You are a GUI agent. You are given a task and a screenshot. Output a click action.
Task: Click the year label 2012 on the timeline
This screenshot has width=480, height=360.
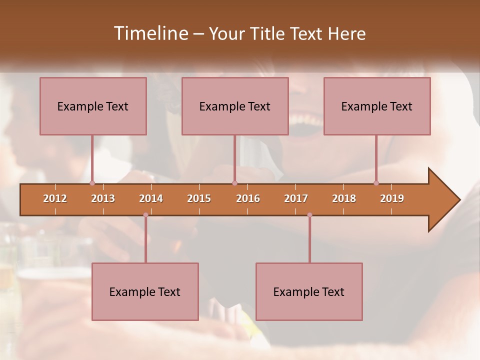pos(55,198)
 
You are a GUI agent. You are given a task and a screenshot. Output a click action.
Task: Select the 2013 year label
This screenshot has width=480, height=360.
pos(103,198)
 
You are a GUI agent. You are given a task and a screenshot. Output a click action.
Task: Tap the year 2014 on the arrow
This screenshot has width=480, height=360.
pos(151,198)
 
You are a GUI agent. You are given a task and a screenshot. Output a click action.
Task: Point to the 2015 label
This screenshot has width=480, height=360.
pos(199,198)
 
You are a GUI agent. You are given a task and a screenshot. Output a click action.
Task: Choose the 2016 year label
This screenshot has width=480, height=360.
pos(248,198)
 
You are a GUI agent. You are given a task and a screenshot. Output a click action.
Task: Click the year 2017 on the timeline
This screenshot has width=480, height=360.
pos(296,198)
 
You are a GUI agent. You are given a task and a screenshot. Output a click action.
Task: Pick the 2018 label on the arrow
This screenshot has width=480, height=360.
pos(344,198)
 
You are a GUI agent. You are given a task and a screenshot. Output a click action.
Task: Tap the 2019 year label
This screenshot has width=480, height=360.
pos(392,198)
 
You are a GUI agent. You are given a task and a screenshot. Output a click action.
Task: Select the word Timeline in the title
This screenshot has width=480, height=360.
pos(150,33)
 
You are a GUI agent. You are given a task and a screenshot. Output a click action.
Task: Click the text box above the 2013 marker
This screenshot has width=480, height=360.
pos(93,106)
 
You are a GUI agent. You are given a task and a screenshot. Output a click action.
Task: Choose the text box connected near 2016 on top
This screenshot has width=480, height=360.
pos(235,106)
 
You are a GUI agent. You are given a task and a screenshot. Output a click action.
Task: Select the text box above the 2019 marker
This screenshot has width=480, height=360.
pos(377,106)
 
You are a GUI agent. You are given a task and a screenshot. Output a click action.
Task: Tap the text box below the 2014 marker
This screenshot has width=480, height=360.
pos(145,291)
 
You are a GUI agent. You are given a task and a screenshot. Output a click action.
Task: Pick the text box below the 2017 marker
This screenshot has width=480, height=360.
pos(309,291)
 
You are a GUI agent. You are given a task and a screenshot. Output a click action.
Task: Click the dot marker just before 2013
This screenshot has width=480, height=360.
pos(92,183)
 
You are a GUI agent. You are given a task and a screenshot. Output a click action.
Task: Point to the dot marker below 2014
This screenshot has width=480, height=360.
pos(145,215)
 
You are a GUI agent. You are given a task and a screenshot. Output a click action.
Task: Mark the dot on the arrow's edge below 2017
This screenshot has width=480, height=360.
pos(309,215)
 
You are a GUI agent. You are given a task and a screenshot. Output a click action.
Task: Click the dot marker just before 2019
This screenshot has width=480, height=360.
pos(376,183)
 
